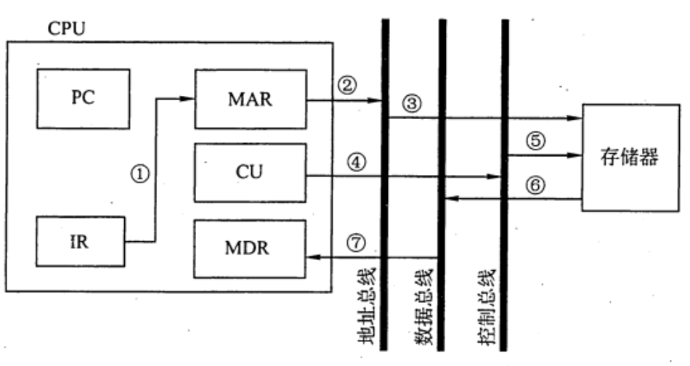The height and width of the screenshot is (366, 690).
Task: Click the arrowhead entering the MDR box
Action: click(312, 257)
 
